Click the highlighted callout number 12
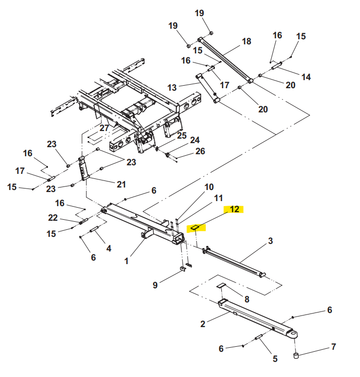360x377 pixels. coord(234,209)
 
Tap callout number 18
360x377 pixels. coord(246,41)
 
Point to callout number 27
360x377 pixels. coord(104,128)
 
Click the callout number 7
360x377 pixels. coord(333,347)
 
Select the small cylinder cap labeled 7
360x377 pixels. coord(297,357)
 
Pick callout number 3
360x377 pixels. coord(270,241)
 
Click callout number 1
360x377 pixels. coord(127,261)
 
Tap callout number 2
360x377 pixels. coord(203,324)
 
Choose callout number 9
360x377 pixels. coord(155,285)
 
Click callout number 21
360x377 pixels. coord(121,184)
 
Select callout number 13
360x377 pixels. coord(172,87)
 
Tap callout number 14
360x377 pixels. coord(306,77)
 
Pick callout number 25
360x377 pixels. coord(182,136)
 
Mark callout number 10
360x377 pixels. coord(209,187)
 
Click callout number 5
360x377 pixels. coord(275,359)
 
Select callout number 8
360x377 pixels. coord(246,299)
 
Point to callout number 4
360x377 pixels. coord(107,248)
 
